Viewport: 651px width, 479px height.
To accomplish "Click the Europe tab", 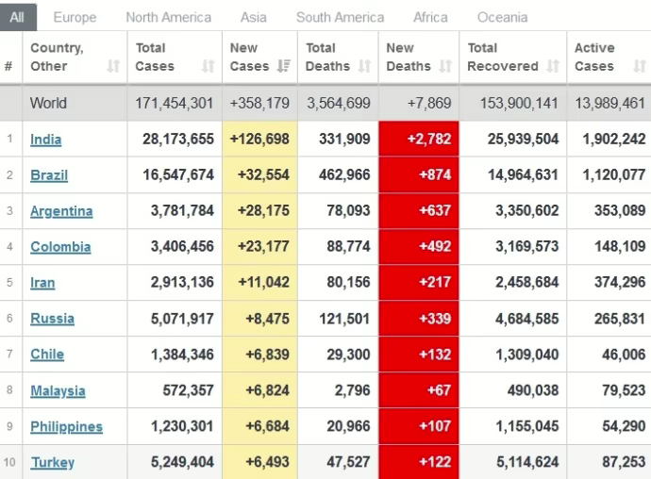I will pyautogui.click(x=75, y=17).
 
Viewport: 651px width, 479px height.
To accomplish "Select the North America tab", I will pyautogui.click(x=168, y=17).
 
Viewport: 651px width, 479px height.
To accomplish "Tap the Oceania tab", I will pyautogui.click(x=502, y=17).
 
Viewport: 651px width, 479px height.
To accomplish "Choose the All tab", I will pyautogui.click(x=18, y=17).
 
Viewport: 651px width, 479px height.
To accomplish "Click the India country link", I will pyautogui.click(x=45, y=140).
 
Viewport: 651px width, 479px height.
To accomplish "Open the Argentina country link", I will pyautogui.click(x=61, y=211).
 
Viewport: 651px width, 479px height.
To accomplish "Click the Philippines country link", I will pyautogui.click(x=66, y=426).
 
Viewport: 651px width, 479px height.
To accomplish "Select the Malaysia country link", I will pyautogui.click(x=58, y=390).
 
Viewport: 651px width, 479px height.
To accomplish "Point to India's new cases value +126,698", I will pyautogui.click(x=259, y=140).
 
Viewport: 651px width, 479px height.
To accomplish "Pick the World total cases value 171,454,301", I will pyautogui.click(x=175, y=104).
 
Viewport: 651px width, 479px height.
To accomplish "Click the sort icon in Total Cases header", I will pyautogui.click(x=209, y=67).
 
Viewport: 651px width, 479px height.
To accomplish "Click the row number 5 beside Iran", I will pyautogui.click(x=9, y=283).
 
